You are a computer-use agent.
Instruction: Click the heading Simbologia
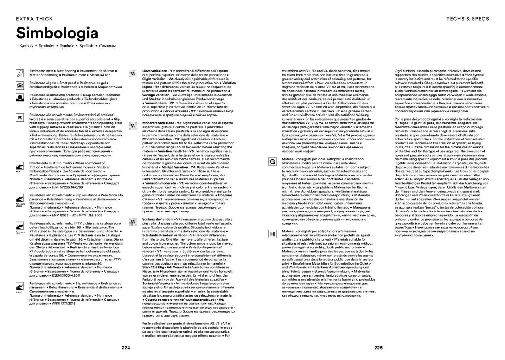pyautogui.click(x=57, y=33)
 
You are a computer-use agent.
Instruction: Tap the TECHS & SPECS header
pyautogui.click(x=467, y=18)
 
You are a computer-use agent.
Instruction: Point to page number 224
pyautogui.click(x=126, y=348)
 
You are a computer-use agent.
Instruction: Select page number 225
pyautogui.click(x=378, y=348)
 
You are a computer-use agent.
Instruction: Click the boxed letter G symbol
pyautogui.click(x=272, y=161)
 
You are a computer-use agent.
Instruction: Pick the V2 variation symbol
pyautogui.click(x=133, y=73)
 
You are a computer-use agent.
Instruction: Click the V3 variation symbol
pyautogui.click(x=133, y=126)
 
